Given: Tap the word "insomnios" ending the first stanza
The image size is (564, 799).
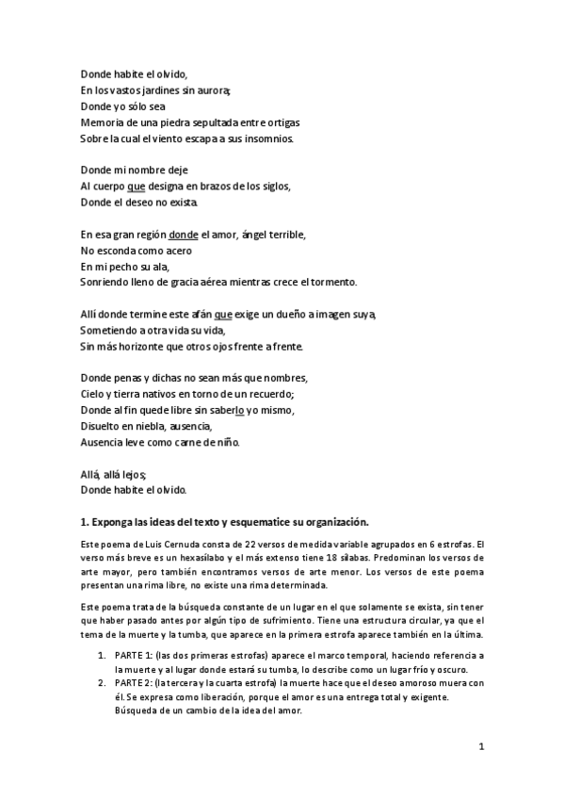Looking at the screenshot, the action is point(269,139).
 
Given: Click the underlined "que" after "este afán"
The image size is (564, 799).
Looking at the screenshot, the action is point(223,315).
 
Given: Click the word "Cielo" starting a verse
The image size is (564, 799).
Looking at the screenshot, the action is point(94,395).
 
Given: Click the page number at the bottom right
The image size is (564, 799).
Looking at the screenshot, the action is point(480,748).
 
